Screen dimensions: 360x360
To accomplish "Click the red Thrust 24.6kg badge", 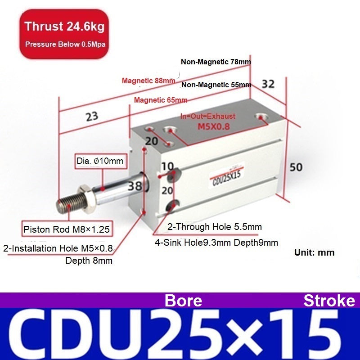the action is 64,34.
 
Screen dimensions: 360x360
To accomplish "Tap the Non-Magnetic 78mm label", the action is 216,62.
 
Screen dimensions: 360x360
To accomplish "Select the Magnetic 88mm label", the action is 148,81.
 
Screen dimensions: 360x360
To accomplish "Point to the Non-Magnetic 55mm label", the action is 216,85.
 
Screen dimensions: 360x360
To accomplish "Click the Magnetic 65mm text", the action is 161,100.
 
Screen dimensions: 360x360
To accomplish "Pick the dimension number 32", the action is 268,84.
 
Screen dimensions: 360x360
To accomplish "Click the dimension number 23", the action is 92,117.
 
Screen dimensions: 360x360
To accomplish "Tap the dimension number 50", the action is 296,167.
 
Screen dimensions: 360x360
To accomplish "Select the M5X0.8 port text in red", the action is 213,126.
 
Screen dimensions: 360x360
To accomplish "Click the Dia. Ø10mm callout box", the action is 101,161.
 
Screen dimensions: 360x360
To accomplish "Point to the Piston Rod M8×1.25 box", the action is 67,229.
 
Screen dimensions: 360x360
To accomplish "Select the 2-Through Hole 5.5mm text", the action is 215,227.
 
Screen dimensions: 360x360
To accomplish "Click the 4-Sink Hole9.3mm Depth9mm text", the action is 216,243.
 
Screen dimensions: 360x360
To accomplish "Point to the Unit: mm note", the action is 314,252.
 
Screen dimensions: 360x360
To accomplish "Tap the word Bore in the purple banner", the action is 184,301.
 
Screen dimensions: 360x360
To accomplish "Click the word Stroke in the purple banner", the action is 329,301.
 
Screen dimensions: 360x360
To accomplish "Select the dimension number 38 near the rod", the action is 135,186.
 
